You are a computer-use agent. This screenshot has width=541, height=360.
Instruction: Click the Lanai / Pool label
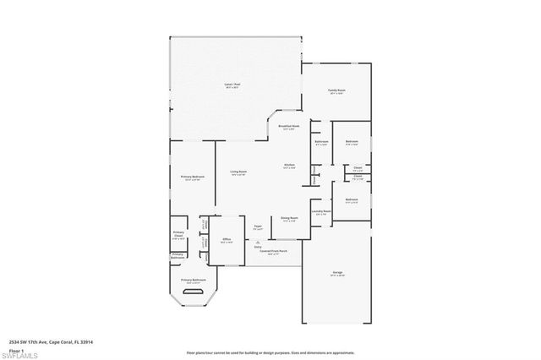coord(231,85)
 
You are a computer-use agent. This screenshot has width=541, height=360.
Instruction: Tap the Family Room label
coord(337,90)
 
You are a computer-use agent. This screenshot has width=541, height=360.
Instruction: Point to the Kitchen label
coord(289,166)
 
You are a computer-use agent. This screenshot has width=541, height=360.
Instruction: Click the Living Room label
coord(238,173)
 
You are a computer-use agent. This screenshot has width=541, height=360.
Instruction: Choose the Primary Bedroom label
coord(191,177)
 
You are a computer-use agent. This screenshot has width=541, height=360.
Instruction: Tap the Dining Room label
coord(289,218)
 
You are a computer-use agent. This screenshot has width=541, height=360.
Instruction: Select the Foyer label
coord(258,226)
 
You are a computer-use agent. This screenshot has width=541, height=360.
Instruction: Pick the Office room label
coord(227,240)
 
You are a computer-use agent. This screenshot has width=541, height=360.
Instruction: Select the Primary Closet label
coord(179,236)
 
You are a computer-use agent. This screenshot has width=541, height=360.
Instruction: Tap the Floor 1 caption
coord(17,349)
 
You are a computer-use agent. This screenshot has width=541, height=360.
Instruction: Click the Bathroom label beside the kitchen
coord(322,142)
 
